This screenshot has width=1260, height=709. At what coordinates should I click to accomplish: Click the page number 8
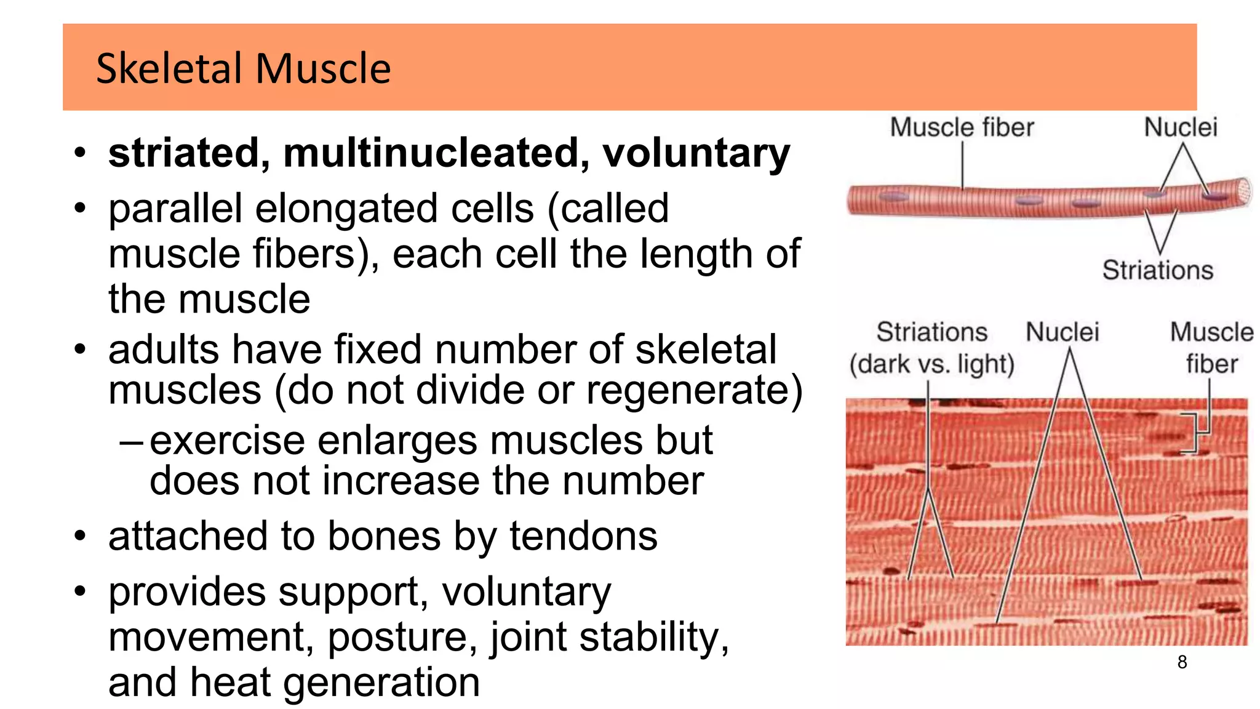tap(1182, 662)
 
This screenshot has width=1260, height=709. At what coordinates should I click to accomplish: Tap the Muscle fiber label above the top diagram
tap(962, 127)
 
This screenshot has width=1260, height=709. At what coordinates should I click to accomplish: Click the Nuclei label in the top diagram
tap(1181, 127)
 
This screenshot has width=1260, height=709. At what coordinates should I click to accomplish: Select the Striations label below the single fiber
tap(1157, 270)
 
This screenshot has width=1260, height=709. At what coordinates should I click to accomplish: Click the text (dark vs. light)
tap(931, 364)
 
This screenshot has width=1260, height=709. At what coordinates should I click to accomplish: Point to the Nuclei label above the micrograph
tap(1062, 332)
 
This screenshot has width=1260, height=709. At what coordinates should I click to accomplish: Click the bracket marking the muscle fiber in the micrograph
tap(1194, 433)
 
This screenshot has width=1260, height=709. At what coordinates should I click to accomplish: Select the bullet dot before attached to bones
tap(80, 535)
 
